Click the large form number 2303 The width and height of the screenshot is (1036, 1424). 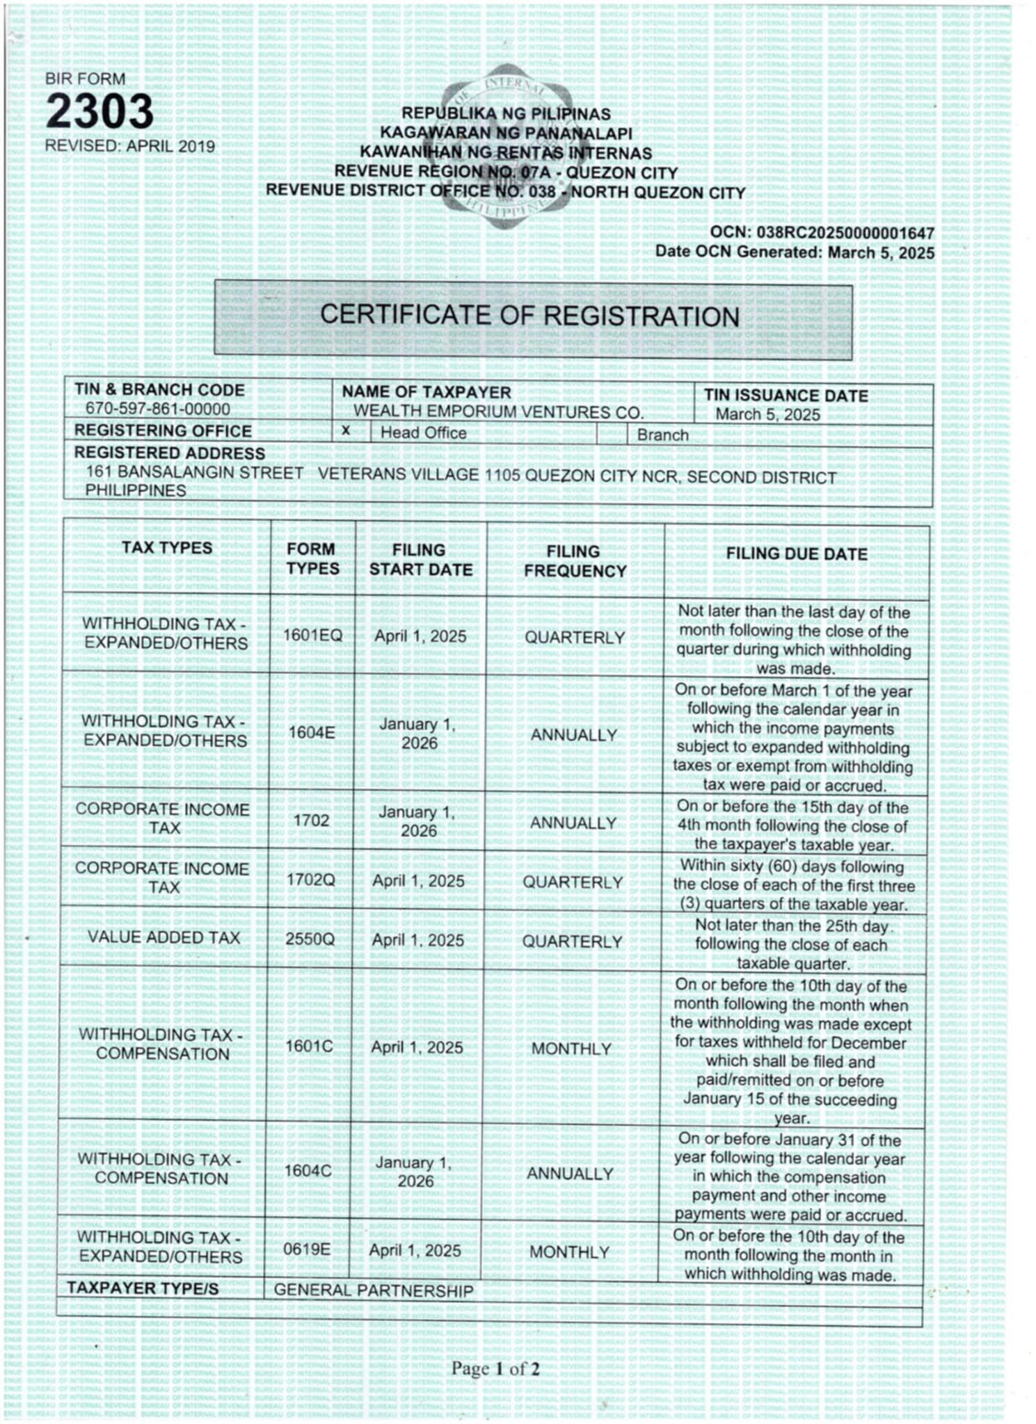99,111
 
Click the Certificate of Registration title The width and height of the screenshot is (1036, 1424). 529,316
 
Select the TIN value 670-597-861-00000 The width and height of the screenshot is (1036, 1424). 157,409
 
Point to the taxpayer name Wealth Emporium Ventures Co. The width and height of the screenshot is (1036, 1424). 498,412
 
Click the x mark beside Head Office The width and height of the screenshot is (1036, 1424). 345,431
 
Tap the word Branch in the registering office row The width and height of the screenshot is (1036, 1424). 662,435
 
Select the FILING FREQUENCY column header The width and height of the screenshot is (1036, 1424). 575,561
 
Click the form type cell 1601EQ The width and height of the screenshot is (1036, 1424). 312,636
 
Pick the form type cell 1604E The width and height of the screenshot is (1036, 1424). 312,732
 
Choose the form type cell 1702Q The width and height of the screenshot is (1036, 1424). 310,880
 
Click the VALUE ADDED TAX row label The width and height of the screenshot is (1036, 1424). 164,937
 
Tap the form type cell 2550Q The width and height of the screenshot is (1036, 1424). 310,939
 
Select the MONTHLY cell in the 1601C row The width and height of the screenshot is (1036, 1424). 571,1049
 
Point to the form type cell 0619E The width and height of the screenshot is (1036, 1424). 307,1249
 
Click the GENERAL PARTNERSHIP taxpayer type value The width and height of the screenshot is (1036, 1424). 373,1290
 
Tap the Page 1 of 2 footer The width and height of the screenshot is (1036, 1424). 495,1369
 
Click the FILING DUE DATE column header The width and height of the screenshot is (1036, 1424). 797,554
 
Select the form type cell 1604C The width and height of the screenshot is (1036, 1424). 308,1171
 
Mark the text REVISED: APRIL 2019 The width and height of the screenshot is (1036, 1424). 130,146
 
